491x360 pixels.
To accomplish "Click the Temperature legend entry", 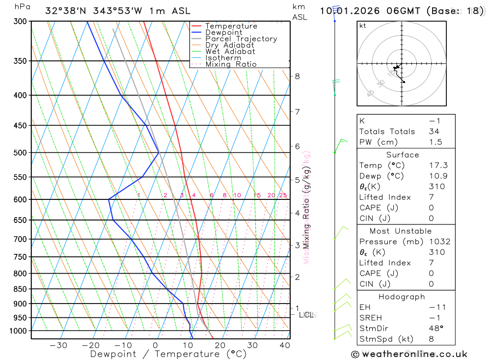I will tap(231, 26).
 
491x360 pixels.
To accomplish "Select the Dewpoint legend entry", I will tap(223, 32).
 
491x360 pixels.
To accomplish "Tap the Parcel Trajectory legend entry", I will tap(241, 39).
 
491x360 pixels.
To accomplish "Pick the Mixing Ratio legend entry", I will tap(231, 64).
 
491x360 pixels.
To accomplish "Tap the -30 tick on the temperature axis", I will tap(58, 346).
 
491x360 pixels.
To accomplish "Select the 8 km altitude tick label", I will tap(297, 76).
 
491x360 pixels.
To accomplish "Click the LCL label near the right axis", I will tap(306, 314).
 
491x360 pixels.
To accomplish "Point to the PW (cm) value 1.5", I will tap(436, 142).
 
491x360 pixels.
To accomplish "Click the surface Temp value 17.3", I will tap(438, 166).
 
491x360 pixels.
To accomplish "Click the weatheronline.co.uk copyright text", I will tap(409, 354).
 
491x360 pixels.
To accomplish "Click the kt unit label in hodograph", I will tap(363, 26).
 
